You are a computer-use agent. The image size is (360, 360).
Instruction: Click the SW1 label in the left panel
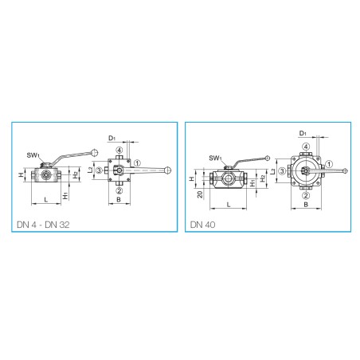click(33, 155)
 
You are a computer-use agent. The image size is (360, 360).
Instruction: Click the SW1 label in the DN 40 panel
click(215, 158)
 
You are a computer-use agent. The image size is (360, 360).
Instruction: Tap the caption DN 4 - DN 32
click(43, 225)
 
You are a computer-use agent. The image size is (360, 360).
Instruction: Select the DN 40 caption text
click(202, 225)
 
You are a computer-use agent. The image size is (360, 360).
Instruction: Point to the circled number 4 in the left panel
click(119, 151)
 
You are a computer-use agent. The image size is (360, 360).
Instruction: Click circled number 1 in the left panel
click(137, 163)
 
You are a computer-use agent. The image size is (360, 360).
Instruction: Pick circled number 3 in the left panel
click(99, 170)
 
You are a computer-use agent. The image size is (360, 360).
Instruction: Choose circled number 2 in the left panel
click(119, 190)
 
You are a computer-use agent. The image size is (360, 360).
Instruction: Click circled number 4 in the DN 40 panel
click(306, 147)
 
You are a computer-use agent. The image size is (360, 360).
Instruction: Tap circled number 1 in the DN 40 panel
click(329, 164)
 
